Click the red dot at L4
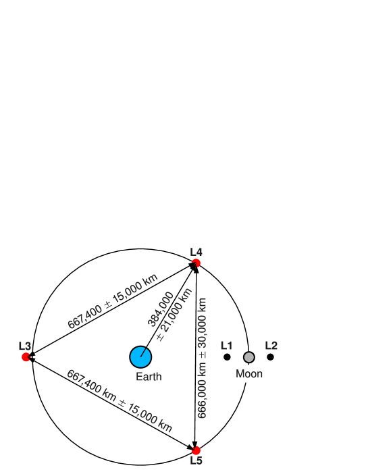tap(196, 263)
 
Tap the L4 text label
tap(196, 252)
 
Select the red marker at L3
tap(26, 357)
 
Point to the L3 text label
tap(25, 346)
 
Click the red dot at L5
tap(196, 450)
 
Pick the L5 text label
tap(196, 461)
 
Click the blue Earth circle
tap(140, 356)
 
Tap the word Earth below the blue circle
tap(149, 377)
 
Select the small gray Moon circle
tap(249, 357)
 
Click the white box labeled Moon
tap(251, 374)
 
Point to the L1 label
tap(226, 346)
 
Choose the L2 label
tap(271, 346)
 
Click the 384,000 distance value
tap(161, 309)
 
